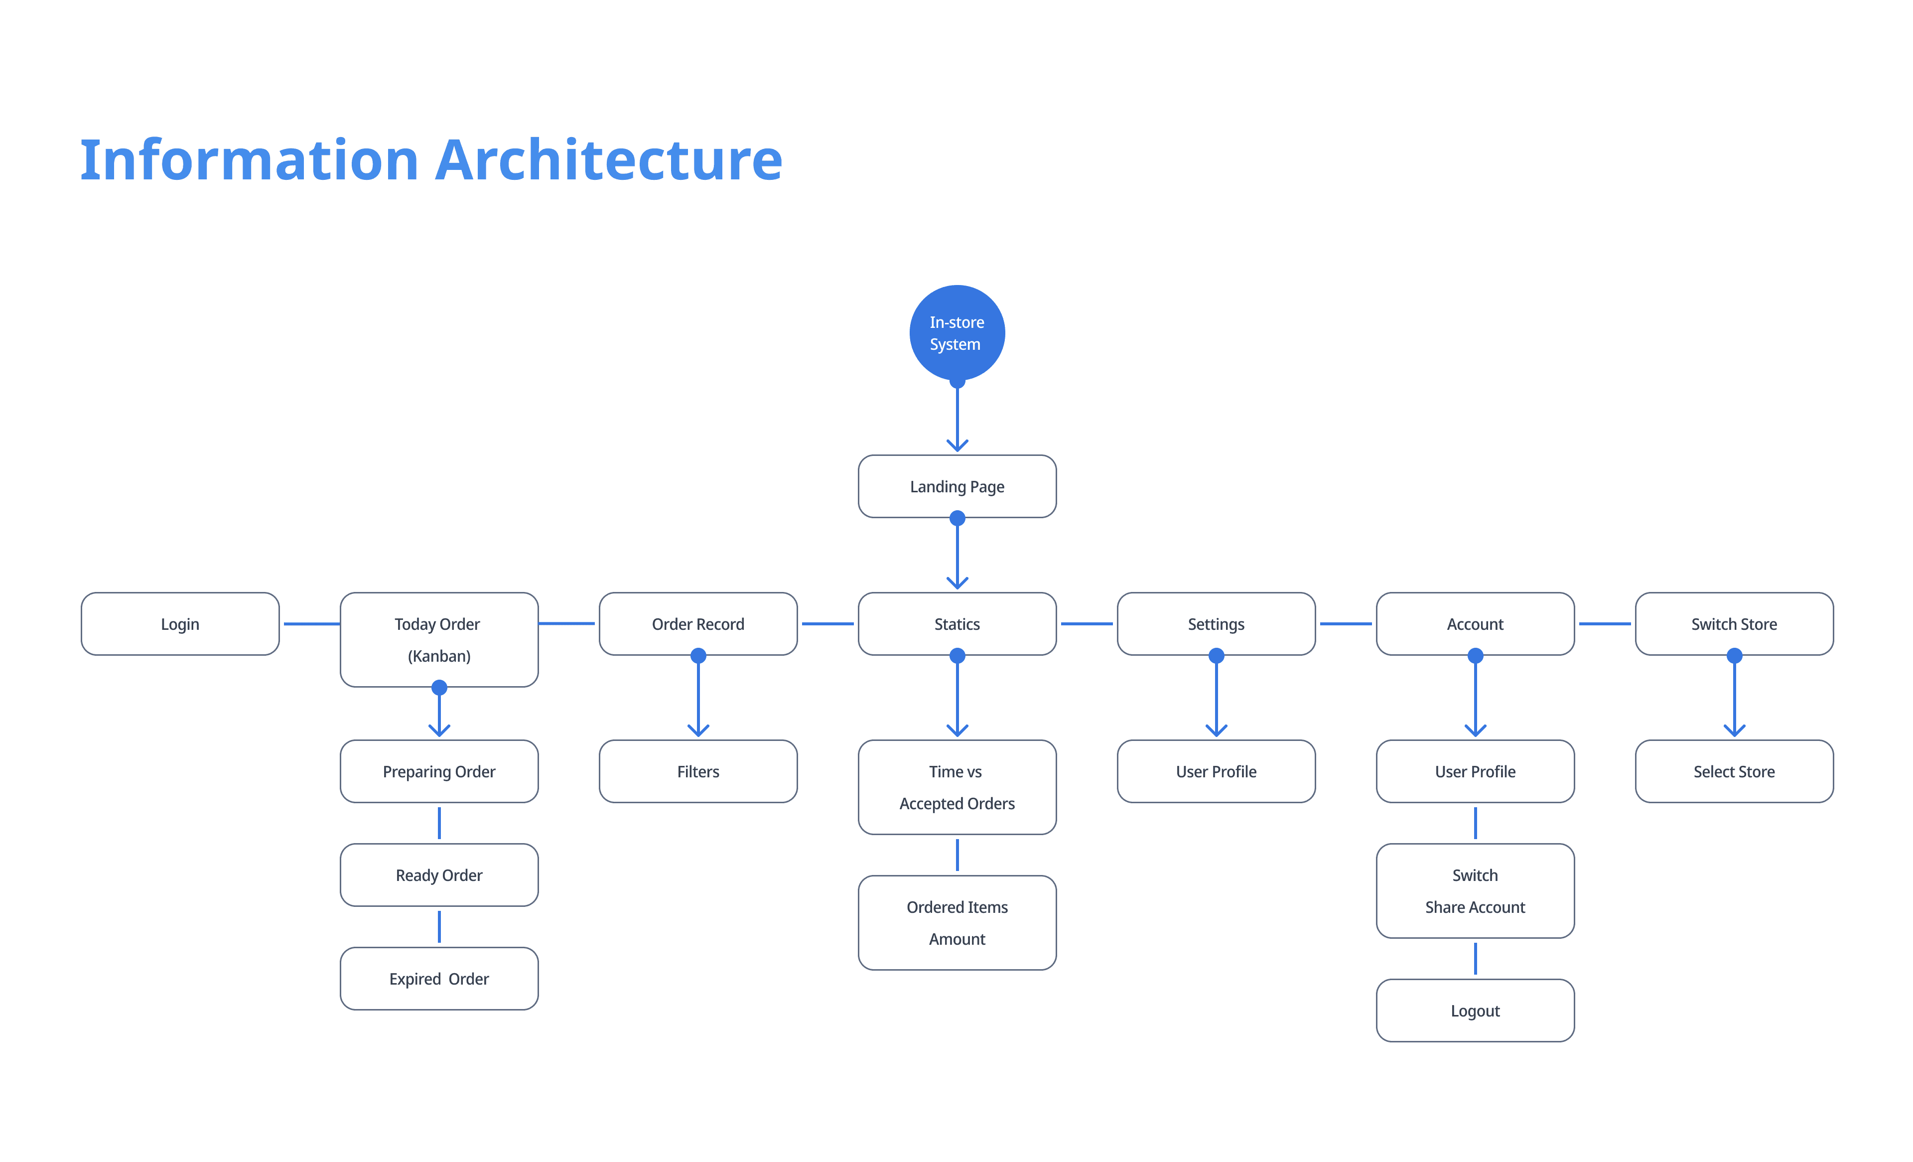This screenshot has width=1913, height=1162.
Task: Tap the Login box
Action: [180, 624]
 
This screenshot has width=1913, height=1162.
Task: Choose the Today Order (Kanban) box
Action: [439, 639]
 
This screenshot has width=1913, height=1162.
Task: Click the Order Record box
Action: [698, 624]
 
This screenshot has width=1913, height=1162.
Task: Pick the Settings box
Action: [1216, 624]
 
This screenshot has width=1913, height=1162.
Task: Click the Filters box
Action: [698, 771]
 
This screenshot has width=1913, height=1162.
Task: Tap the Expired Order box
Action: [439, 979]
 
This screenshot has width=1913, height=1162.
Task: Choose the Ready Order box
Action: [439, 874]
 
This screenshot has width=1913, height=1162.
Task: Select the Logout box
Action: [1475, 1011]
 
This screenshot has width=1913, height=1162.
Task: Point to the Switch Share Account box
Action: [1475, 891]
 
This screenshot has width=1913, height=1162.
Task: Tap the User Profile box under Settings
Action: [1216, 771]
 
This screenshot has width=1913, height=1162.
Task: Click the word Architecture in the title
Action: [609, 159]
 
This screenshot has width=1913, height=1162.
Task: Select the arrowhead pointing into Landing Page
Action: [957, 445]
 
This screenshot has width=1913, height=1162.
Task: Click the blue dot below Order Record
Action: [698, 656]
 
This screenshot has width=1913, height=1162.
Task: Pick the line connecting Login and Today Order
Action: [311, 624]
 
